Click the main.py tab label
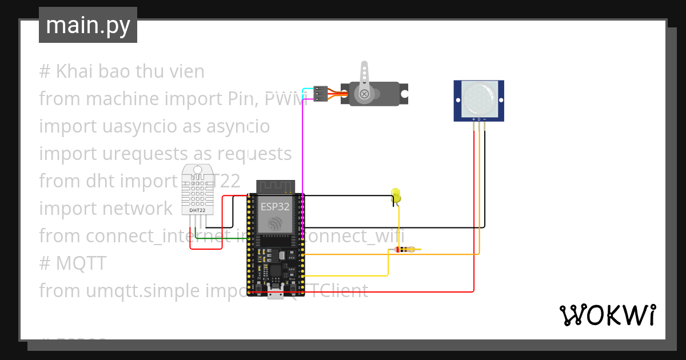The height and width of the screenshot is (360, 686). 87,25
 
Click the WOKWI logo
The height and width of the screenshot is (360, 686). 607,315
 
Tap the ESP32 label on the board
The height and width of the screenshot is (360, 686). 275,207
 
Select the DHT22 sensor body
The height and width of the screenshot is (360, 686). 197,189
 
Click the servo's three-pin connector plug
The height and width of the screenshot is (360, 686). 320,94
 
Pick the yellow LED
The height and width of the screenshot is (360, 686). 396,195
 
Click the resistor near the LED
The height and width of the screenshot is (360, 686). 406,250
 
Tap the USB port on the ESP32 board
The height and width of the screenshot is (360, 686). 276,294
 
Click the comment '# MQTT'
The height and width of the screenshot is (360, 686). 73,263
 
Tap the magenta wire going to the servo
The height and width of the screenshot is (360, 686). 302,149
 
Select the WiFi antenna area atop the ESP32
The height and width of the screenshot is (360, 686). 275,186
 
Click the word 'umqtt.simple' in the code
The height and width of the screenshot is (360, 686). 137,291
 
